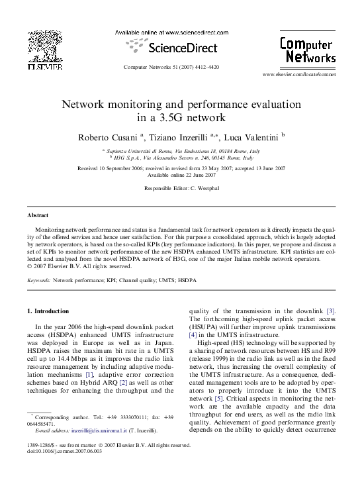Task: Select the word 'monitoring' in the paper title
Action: tap(132, 105)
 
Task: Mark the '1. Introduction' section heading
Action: tap(48, 311)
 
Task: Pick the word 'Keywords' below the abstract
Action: tap(38, 280)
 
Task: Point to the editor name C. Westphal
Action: tap(197, 189)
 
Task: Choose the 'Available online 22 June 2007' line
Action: tap(180, 174)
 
